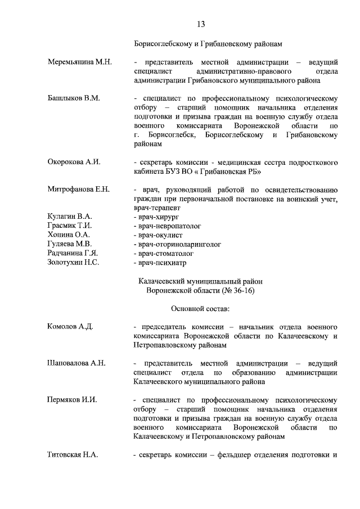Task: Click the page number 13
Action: click(x=201, y=24)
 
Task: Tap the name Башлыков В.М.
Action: click(x=74, y=98)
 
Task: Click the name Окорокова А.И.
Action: click(x=74, y=162)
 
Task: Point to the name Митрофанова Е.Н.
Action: click(x=79, y=190)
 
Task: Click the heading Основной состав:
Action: click(x=200, y=308)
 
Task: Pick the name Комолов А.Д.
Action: click(x=71, y=327)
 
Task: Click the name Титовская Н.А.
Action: click(x=73, y=454)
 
